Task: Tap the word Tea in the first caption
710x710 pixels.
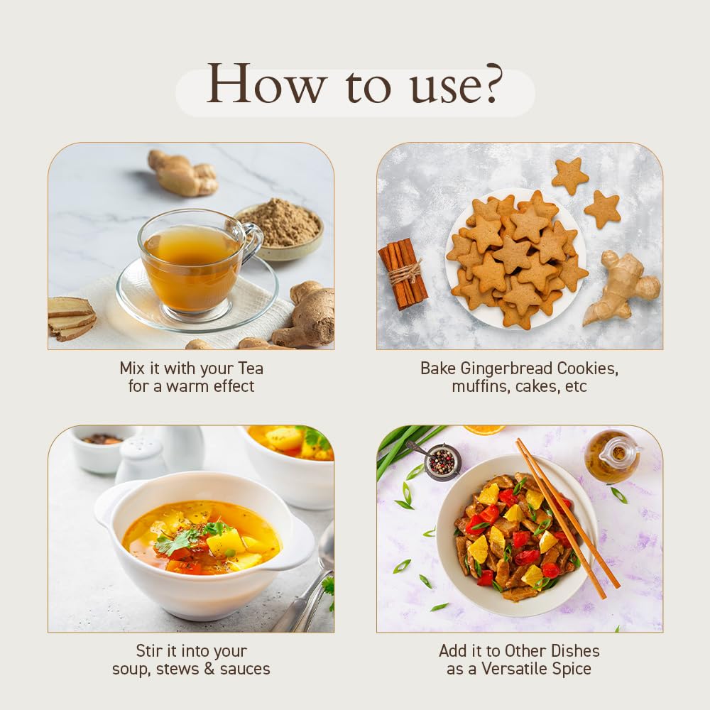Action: tap(251, 368)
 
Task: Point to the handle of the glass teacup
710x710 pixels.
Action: tap(252, 241)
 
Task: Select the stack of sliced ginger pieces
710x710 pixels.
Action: tap(71, 318)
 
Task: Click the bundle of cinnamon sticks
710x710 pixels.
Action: tap(403, 273)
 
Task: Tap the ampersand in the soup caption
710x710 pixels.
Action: tap(209, 669)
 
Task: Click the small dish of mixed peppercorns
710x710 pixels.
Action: tap(442, 461)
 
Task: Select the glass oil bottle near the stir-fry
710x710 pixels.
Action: tap(612, 455)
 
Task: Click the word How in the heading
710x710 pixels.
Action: tap(266, 84)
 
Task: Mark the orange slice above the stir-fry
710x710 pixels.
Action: tap(484, 429)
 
